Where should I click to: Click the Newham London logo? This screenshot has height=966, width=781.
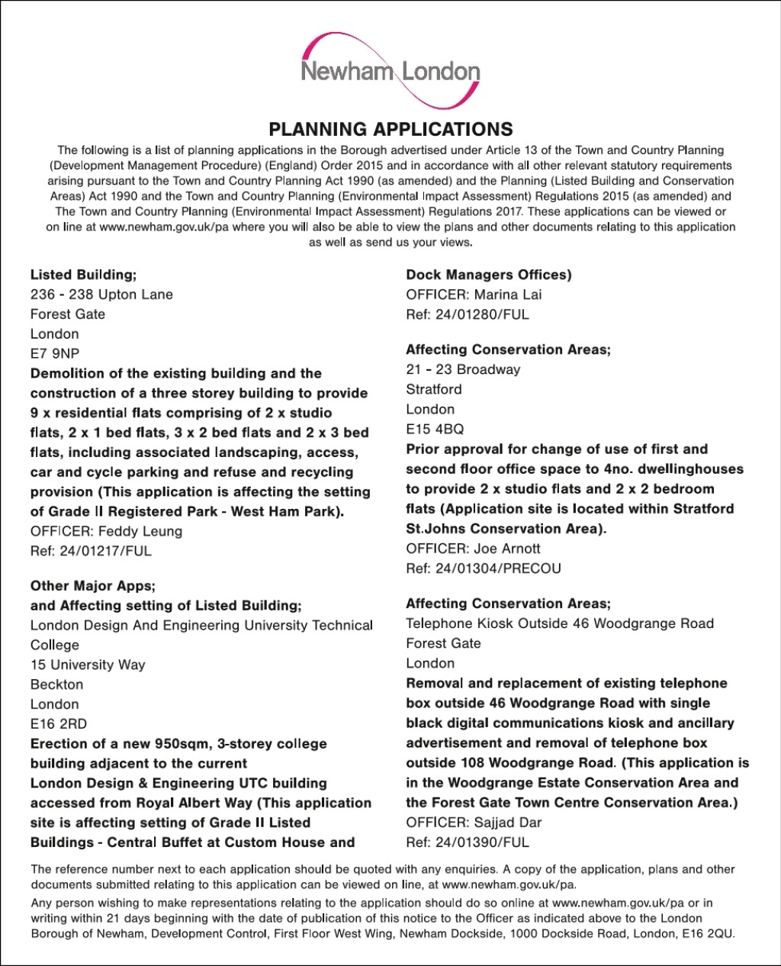pos(390,72)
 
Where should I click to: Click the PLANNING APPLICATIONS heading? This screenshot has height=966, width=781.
pos(390,129)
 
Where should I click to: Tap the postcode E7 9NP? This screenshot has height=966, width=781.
pos(55,353)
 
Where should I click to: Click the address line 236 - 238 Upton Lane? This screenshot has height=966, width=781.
pos(101,295)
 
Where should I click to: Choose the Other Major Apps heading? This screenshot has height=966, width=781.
pos(92,586)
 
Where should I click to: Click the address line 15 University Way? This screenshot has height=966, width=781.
pos(88,665)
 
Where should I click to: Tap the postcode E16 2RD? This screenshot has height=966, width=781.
pos(59,723)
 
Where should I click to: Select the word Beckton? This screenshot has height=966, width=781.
pos(57,684)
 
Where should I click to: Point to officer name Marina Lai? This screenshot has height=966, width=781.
pos(508,295)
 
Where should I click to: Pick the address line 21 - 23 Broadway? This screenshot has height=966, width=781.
pos(463,369)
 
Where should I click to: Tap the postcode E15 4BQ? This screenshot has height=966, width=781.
pos(435,429)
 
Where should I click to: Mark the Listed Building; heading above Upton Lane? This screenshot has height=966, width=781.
pos(83,275)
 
